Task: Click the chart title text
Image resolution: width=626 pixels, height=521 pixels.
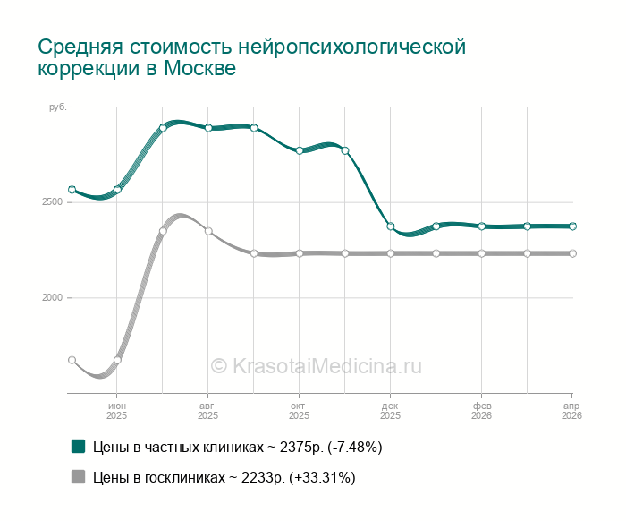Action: click(252, 56)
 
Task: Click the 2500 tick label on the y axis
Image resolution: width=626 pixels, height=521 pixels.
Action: click(52, 202)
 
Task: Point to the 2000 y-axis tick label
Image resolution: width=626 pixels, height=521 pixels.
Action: click(52, 298)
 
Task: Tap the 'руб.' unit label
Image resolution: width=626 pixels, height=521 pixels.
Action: click(57, 107)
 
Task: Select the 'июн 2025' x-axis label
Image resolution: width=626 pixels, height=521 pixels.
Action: click(117, 410)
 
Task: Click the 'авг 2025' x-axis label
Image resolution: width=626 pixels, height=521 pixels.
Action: click(207, 410)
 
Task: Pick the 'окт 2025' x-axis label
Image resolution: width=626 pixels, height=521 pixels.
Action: click(299, 410)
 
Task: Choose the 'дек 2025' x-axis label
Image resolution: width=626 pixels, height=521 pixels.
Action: click(390, 410)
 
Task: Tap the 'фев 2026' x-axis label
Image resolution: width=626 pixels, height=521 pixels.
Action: click(481, 410)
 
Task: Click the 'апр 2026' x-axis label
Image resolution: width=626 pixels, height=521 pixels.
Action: click(571, 410)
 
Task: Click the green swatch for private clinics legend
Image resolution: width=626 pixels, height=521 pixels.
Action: click(78, 446)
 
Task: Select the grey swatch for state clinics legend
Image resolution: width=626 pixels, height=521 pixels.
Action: click(78, 477)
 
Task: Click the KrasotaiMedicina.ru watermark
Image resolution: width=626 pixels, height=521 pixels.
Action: click(316, 365)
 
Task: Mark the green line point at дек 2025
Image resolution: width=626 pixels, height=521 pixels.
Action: click(391, 226)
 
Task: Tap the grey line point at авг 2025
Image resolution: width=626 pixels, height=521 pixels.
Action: click(208, 231)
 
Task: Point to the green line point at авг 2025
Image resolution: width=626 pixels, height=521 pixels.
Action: click(208, 128)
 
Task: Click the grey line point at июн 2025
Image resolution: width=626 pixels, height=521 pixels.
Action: click(117, 360)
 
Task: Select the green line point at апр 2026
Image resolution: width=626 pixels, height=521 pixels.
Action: click(572, 226)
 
